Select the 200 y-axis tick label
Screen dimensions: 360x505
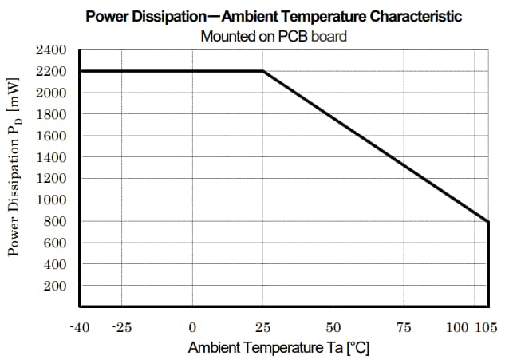(x=56, y=286)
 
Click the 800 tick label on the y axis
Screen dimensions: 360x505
(x=56, y=222)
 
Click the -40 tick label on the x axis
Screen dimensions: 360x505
(x=80, y=328)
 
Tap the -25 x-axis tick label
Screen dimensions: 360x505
(x=121, y=328)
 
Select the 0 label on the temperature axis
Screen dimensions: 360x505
(x=192, y=328)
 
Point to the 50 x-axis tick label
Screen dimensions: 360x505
(x=333, y=328)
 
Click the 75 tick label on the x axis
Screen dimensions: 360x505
(x=404, y=328)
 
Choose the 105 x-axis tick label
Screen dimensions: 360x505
(x=486, y=328)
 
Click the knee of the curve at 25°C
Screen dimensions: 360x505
(x=263, y=71)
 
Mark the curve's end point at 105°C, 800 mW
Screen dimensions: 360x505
(x=487, y=221)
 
